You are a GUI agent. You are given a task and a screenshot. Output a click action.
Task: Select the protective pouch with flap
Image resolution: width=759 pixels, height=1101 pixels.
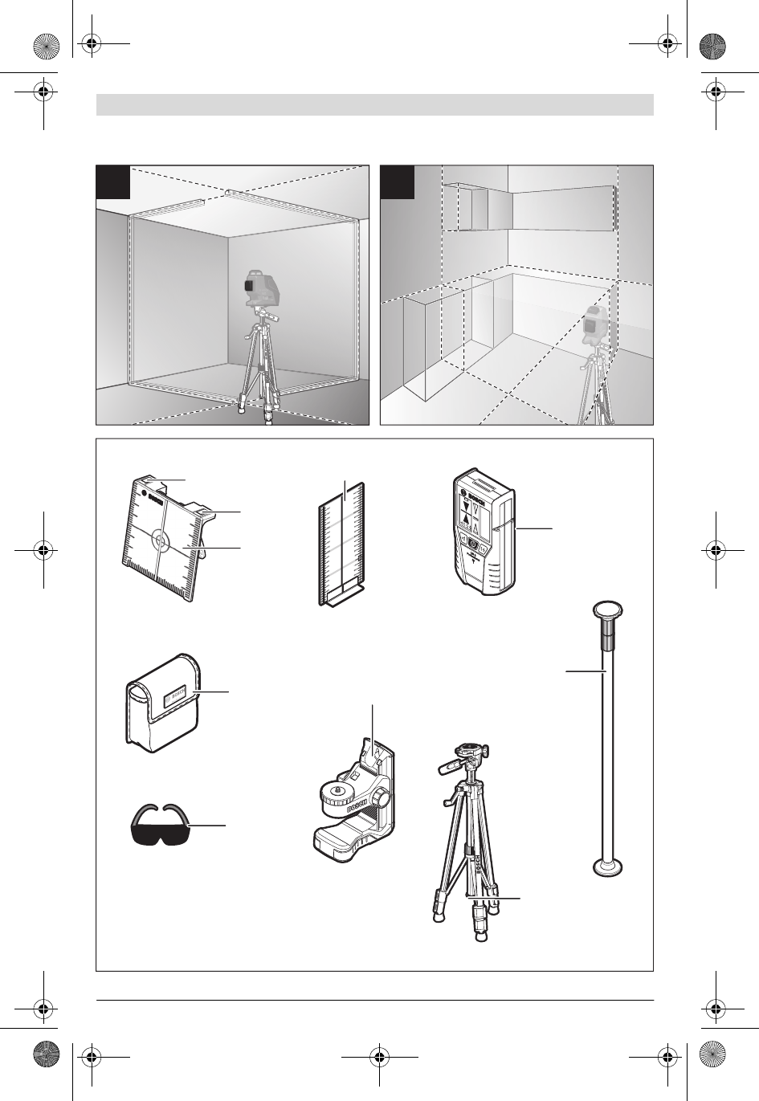click(x=162, y=702)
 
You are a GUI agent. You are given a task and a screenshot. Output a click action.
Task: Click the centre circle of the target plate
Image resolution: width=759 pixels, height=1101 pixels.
click(x=161, y=543)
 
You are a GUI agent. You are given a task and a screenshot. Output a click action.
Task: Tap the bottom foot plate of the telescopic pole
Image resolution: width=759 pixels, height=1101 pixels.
click(x=609, y=867)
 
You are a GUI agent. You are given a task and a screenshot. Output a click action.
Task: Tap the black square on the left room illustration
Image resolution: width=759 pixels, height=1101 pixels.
click(x=113, y=181)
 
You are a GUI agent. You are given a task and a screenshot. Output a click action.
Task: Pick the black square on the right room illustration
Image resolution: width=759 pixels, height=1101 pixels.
click(x=398, y=181)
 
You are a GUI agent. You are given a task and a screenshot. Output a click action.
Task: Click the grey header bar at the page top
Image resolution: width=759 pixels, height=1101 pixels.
click(x=374, y=104)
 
